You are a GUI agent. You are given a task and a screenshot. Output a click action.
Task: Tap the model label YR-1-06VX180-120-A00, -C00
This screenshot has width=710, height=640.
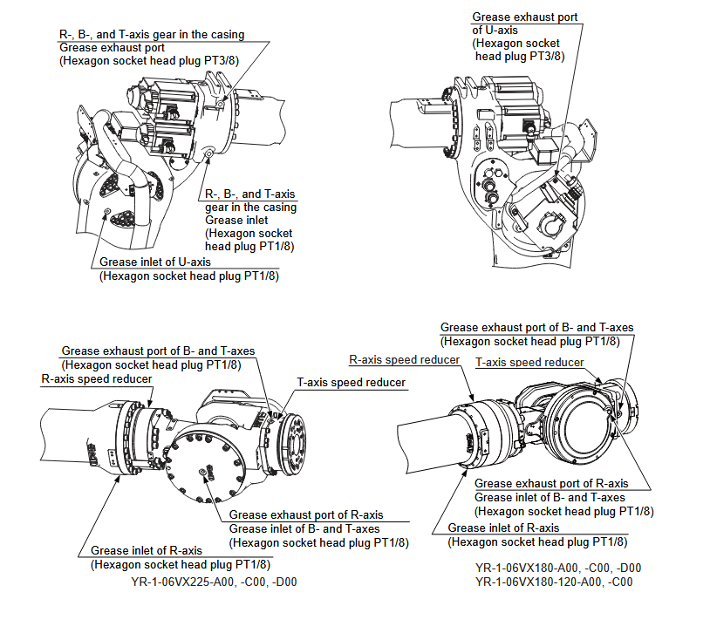(554, 582)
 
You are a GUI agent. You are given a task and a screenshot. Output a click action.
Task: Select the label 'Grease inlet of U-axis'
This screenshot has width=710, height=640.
(155, 262)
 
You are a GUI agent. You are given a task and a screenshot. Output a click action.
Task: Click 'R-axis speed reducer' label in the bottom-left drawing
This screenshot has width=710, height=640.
(97, 379)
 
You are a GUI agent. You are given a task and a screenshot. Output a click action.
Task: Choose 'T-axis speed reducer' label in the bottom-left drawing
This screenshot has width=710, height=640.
(352, 382)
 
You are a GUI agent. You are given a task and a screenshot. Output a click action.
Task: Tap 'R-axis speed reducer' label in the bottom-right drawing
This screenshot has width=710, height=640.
(404, 358)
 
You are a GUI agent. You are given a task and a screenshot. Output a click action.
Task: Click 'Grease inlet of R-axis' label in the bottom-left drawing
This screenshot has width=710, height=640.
(147, 550)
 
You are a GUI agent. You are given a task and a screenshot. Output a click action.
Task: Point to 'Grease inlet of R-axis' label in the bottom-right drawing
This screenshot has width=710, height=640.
(503, 528)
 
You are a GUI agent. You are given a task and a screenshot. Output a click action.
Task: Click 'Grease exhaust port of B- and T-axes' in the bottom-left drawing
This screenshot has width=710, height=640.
(158, 351)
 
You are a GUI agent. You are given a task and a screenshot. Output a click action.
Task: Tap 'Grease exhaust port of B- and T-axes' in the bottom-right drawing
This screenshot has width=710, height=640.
(536, 328)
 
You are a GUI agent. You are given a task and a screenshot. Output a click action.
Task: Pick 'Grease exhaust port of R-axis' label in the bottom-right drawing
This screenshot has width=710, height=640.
(550, 483)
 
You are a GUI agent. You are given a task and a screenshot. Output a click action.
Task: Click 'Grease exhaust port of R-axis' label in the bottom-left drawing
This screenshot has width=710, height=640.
(306, 514)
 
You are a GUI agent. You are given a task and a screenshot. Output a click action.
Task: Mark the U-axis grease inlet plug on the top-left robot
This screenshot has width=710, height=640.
(106, 212)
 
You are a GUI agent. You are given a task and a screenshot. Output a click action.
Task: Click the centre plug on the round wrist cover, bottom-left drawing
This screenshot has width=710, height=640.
(202, 471)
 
